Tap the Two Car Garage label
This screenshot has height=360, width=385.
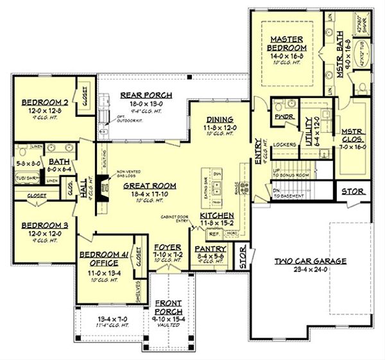[x=310, y=261]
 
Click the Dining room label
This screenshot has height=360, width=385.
[x=219, y=120]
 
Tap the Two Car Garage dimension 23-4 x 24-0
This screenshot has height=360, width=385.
[x=310, y=270]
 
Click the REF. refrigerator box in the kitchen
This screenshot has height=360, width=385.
[x=214, y=234]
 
